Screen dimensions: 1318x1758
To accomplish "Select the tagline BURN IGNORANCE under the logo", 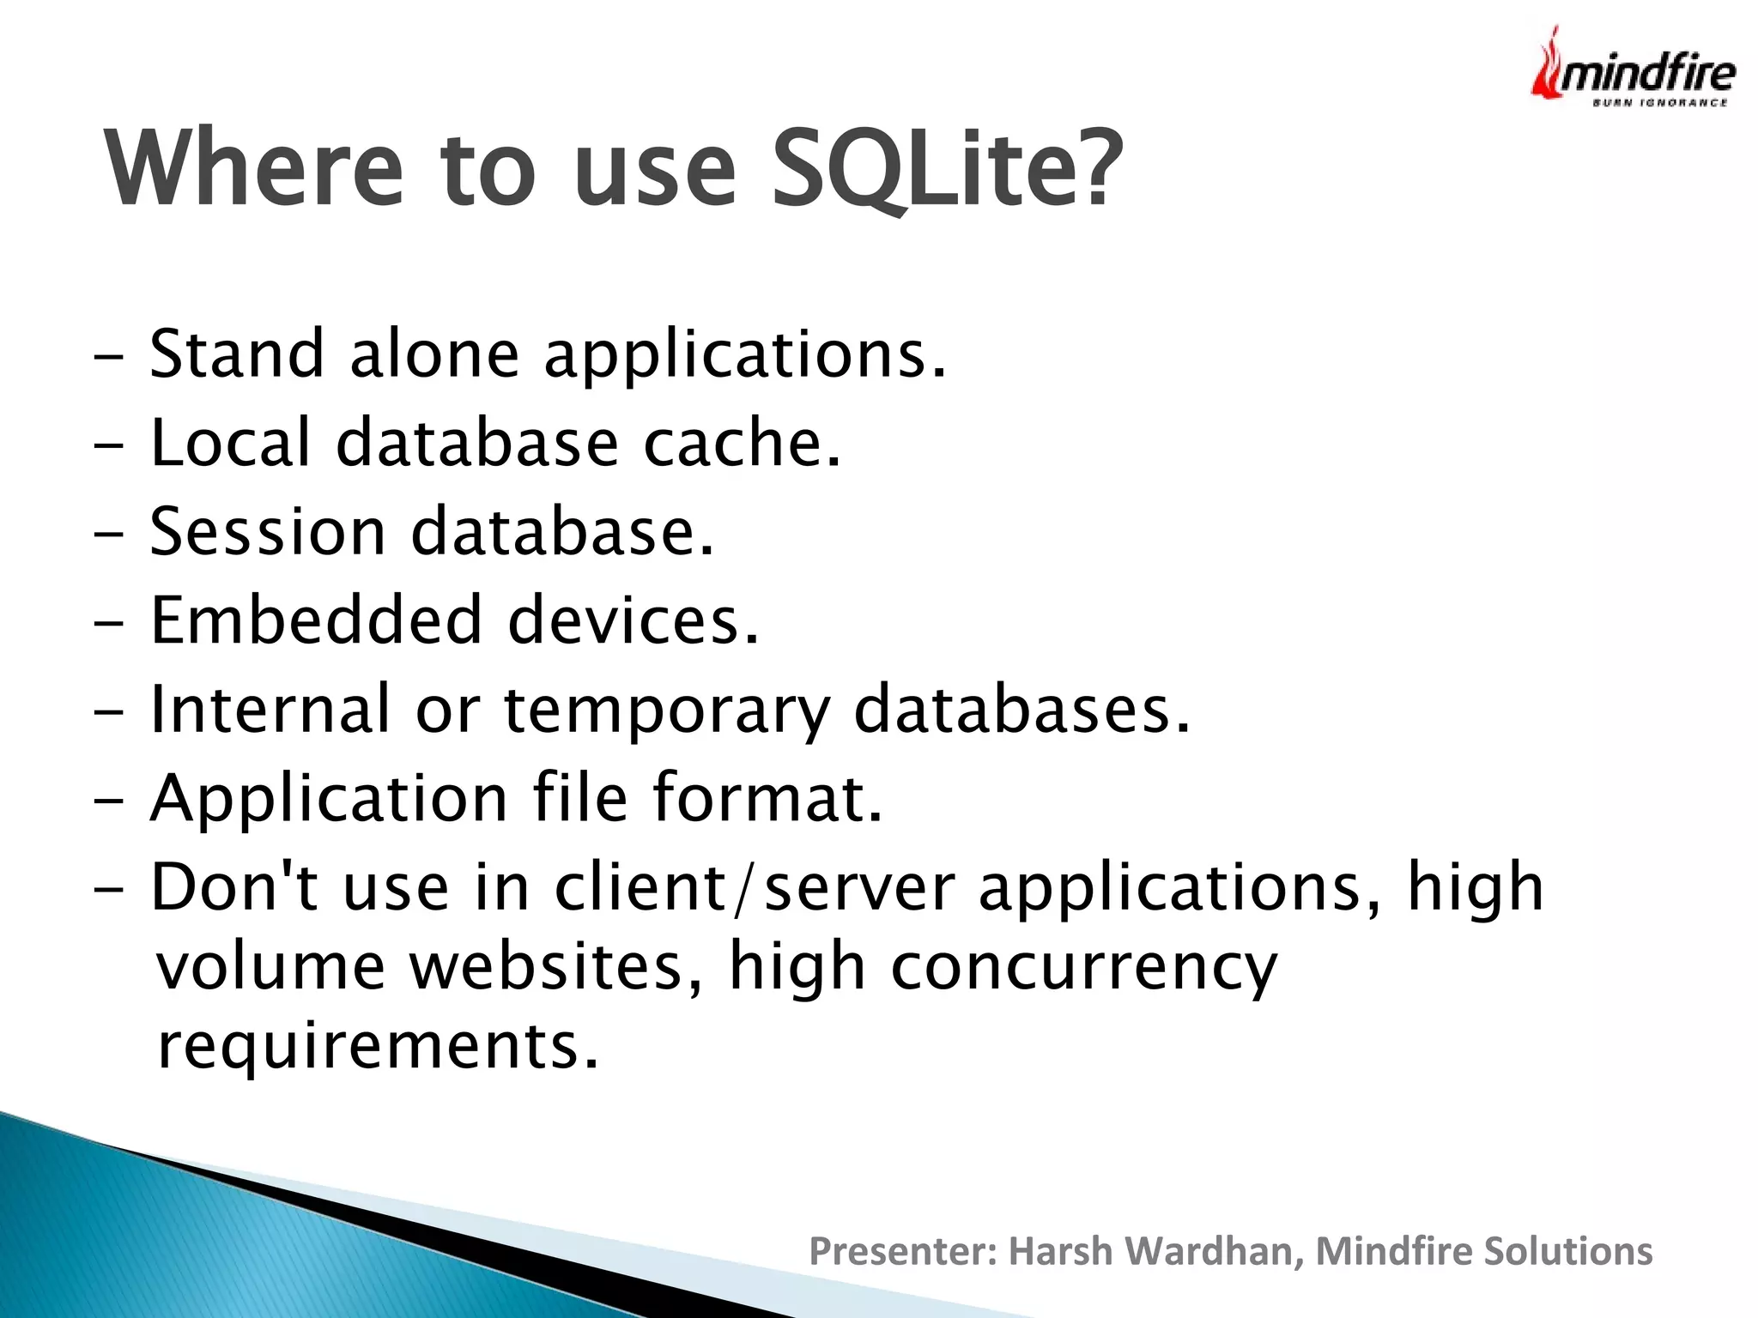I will (1659, 103).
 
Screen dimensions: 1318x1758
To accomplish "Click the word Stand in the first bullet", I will (236, 354).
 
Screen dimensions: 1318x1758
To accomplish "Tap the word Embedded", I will (316, 620).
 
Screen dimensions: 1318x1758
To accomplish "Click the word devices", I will (633, 620).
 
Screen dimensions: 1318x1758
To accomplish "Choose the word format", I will (767, 798).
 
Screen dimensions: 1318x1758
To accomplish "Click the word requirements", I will (378, 1047).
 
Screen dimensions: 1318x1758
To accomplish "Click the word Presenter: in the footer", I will (904, 1251).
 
